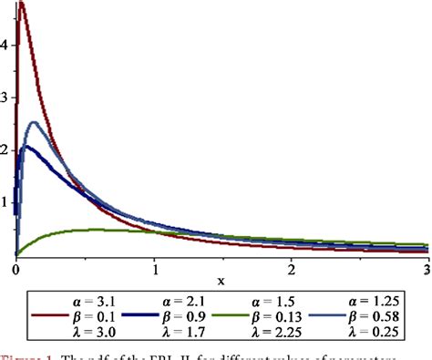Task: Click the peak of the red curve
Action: tap(21, 4)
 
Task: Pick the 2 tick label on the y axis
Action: tap(6, 148)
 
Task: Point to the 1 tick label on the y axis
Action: tap(6, 201)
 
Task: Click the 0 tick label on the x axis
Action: tap(15, 270)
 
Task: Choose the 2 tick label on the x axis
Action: tap(291, 270)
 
